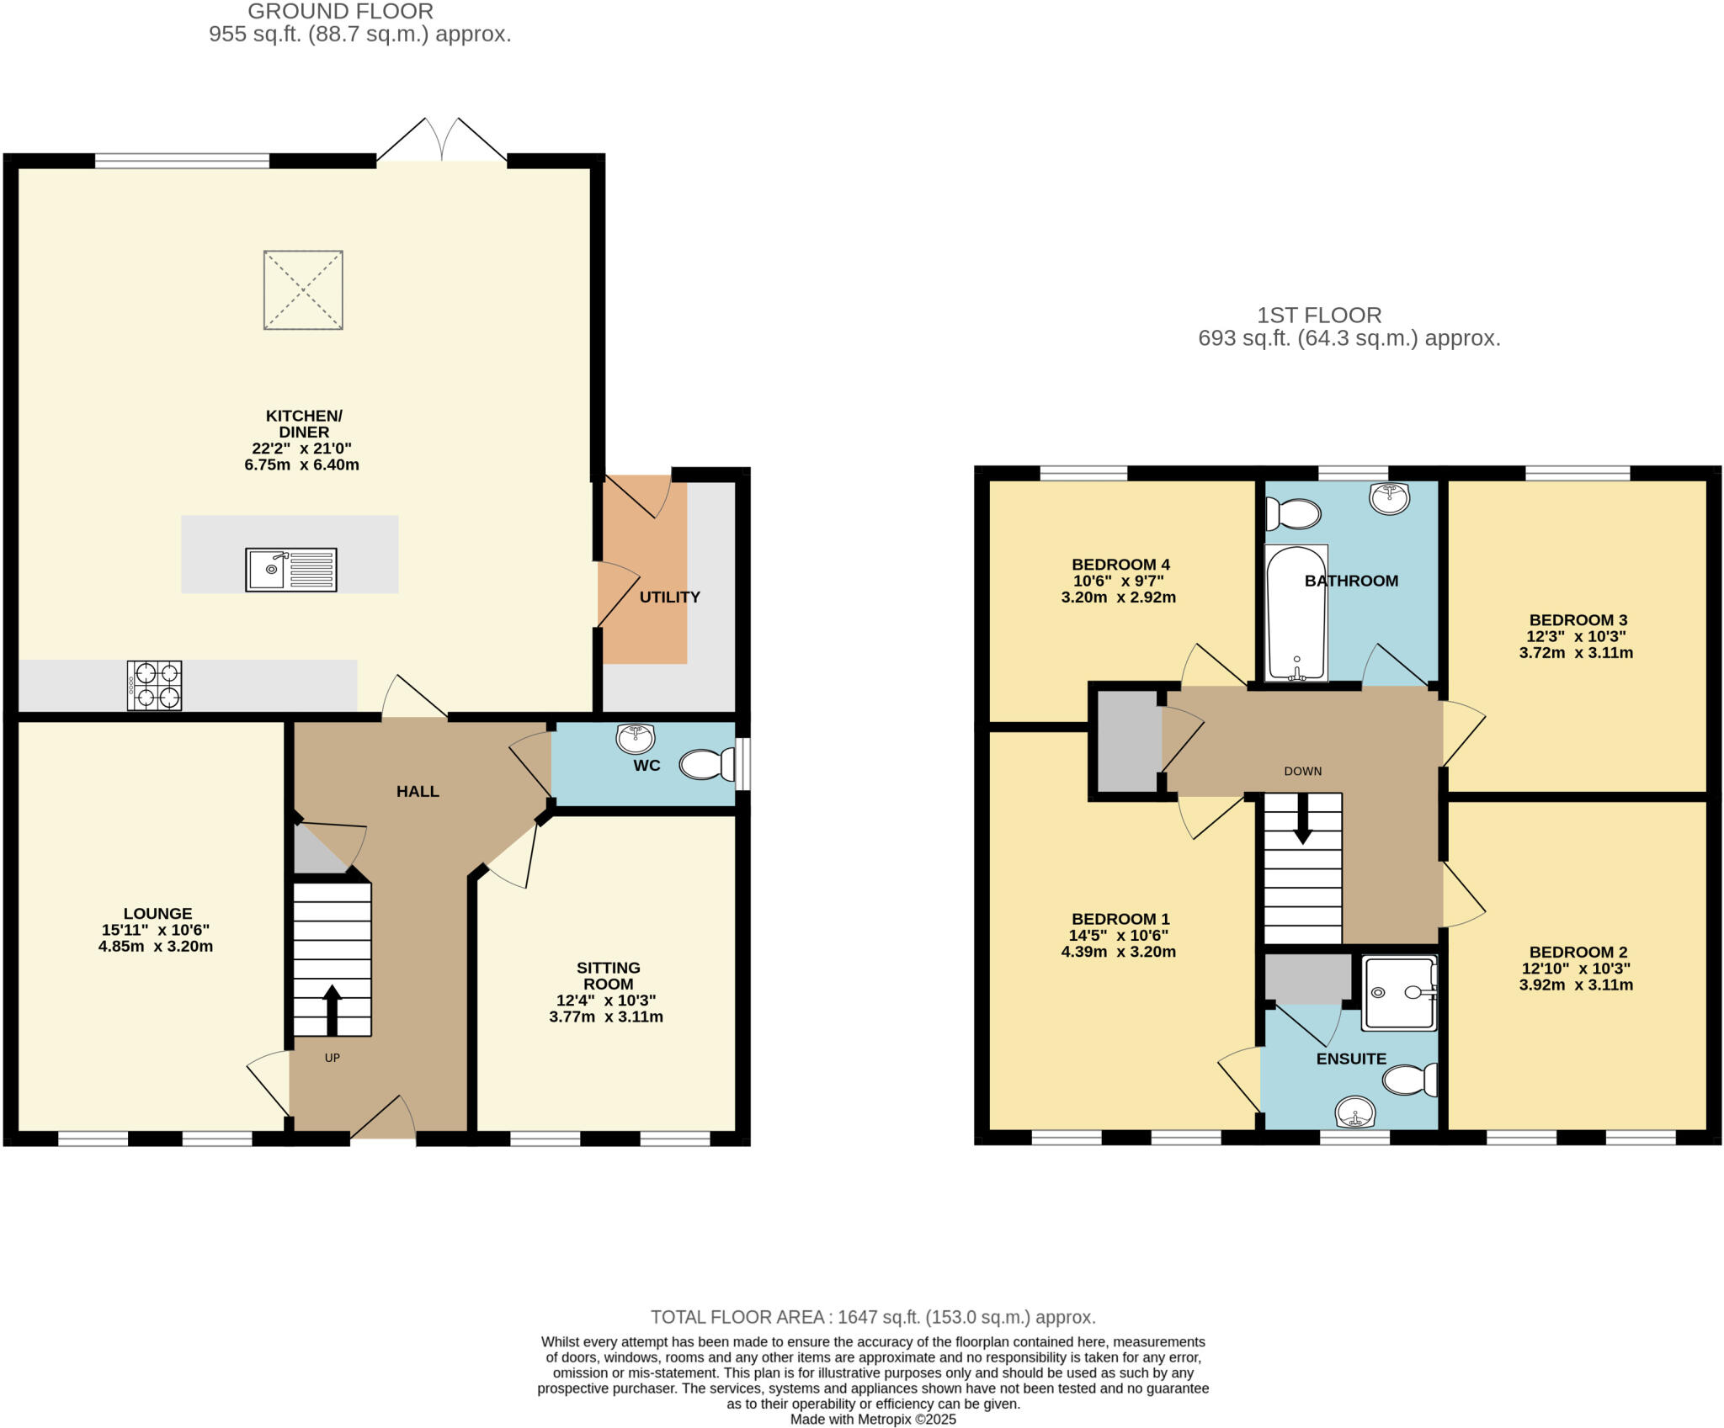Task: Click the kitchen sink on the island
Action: point(290,570)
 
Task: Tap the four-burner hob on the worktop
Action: point(154,685)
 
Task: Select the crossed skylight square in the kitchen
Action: point(303,289)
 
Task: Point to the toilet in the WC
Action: point(708,765)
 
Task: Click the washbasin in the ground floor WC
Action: point(636,738)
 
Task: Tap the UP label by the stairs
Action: point(333,1058)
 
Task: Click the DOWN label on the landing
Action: point(1302,771)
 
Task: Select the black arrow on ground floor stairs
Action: point(332,1009)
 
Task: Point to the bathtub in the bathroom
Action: point(1296,613)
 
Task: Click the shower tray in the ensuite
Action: point(1399,993)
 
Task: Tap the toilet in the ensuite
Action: point(1410,1080)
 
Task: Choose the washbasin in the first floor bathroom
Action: point(1389,498)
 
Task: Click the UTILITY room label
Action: point(669,597)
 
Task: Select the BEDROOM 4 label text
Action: point(1120,565)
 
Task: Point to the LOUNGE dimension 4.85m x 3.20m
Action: point(156,946)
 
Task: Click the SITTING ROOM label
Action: point(608,976)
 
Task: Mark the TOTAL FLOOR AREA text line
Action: point(873,1317)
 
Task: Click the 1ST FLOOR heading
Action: point(1318,316)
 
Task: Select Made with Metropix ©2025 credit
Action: point(873,1420)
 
